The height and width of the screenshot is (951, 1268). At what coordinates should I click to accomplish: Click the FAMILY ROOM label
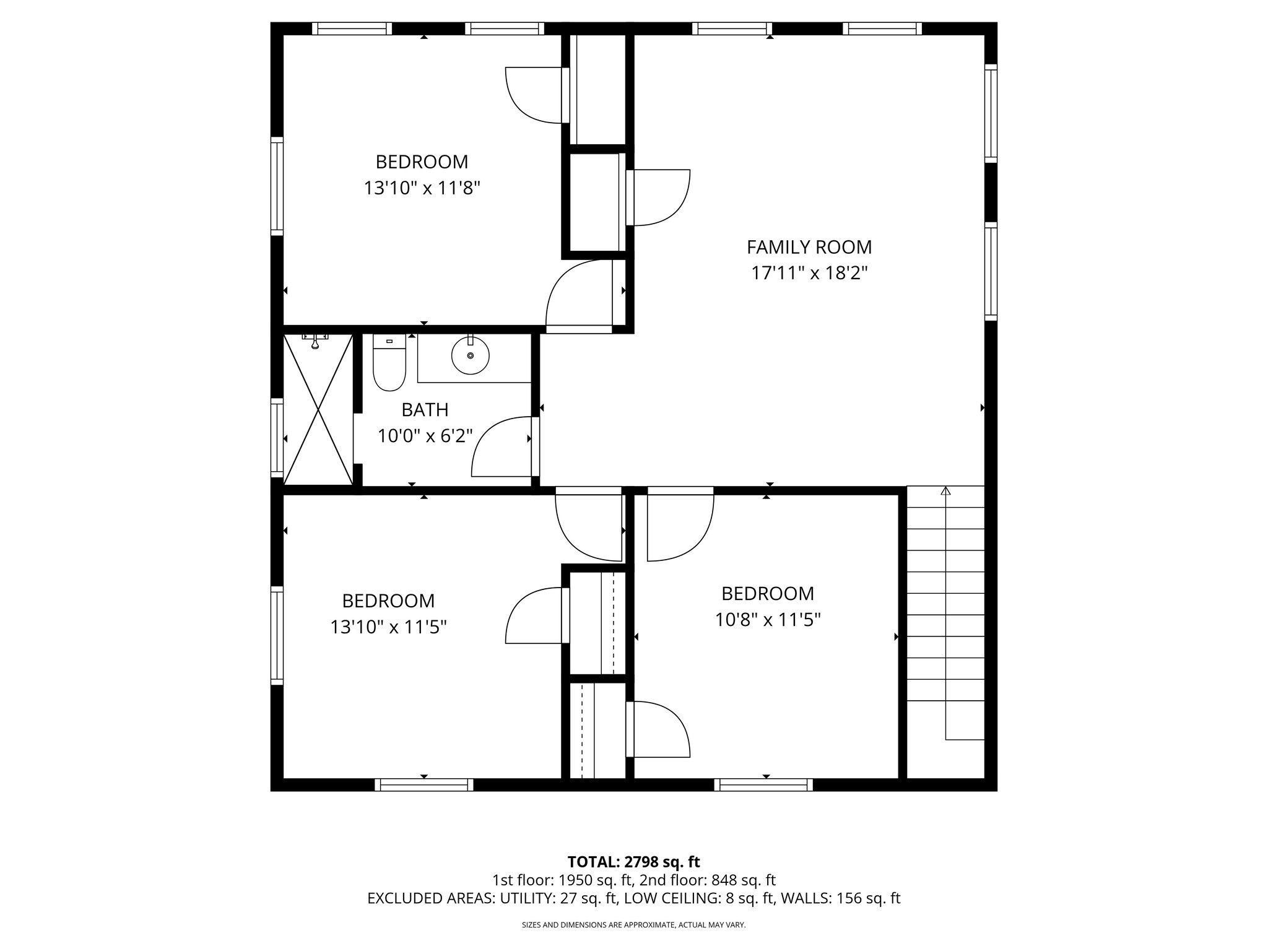tap(809, 247)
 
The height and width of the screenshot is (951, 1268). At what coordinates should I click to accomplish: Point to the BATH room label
tap(425, 410)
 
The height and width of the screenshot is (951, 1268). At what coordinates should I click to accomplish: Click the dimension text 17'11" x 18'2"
tap(809, 273)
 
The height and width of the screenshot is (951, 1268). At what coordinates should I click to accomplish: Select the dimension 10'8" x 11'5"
tap(768, 620)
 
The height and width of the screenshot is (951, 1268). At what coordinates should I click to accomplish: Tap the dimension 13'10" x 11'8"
tap(422, 188)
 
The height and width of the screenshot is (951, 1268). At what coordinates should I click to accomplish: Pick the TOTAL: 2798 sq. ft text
tap(633, 861)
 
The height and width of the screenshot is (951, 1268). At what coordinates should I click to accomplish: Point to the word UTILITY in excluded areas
tap(528, 898)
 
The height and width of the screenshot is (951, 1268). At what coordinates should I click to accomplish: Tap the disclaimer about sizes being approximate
tap(633, 925)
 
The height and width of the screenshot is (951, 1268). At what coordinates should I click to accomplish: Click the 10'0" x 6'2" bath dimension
tap(425, 436)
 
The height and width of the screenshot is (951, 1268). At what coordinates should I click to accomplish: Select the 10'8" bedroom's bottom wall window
tap(763, 785)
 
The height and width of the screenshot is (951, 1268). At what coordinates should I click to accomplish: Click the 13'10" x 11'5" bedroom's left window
tap(277, 635)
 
